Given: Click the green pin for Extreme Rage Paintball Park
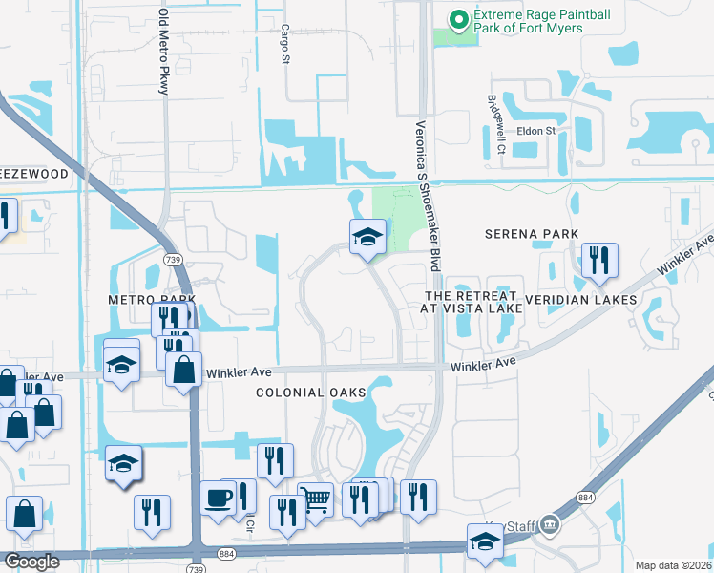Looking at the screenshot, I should coord(458,18).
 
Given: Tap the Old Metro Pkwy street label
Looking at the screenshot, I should coord(164,53).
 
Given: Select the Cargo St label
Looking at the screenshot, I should coord(284,45).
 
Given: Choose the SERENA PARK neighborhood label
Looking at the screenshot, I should coord(532,234).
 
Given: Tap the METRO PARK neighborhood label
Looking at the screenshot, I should coord(145,300).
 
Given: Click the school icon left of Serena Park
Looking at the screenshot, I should coord(367,236).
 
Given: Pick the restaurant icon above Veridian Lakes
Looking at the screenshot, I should coord(598,259).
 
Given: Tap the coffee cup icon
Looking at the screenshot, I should coord(218,498).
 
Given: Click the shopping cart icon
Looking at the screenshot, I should coord(315,498).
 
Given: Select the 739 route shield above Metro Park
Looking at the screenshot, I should coord(174,260).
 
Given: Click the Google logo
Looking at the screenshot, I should coord(32,562).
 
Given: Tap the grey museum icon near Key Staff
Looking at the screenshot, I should coord(549,524).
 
